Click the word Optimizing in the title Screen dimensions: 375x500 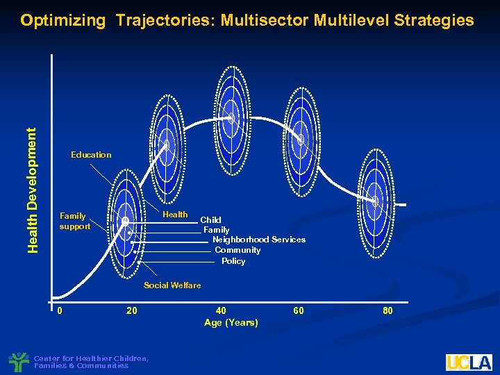[62, 20]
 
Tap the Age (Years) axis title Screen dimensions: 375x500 [231, 322]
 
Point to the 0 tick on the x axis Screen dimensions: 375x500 [60, 310]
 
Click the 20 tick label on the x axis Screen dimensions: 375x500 [131, 310]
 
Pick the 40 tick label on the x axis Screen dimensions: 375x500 [221, 310]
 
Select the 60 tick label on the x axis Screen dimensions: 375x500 [298, 310]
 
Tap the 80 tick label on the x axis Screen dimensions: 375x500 [387, 310]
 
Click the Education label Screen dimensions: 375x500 [91, 155]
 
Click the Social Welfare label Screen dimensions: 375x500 [172, 285]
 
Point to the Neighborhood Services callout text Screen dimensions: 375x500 [258, 240]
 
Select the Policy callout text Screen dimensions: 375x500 [233, 261]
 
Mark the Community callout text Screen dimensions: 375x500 [237, 250]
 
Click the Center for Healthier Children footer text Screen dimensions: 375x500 [91, 362]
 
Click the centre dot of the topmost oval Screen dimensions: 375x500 [231, 119]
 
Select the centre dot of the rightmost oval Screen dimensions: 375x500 [375, 201]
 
